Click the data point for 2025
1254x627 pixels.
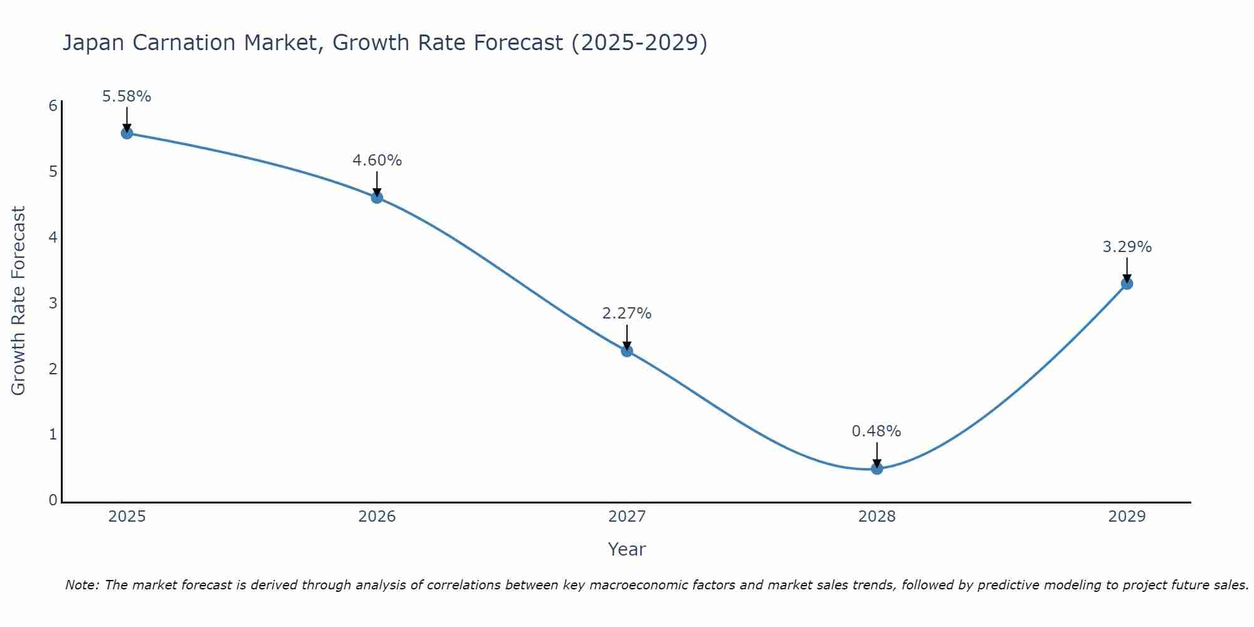click(x=127, y=133)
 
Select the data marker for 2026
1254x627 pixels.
click(x=377, y=198)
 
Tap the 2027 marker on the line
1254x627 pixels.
click(x=627, y=350)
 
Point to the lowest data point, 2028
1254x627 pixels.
click(x=877, y=468)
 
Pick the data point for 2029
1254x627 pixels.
click(x=1127, y=283)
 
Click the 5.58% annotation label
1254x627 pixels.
click(x=127, y=97)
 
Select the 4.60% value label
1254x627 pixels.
click(x=377, y=161)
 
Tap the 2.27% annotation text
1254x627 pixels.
click(x=627, y=313)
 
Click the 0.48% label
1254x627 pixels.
click(x=877, y=431)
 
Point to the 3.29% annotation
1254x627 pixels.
click(x=1127, y=247)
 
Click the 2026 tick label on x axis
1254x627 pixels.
click(x=377, y=517)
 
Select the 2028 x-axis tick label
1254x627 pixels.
click(x=877, y=517)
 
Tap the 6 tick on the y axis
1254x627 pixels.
click(x=53, y=105)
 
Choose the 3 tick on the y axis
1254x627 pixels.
click(x=53, y=303)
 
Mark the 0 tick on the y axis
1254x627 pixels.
click(x=53, y=500)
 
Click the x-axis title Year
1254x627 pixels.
click(x=627, y=549)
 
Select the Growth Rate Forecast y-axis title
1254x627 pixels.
click(x=19, y=301)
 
